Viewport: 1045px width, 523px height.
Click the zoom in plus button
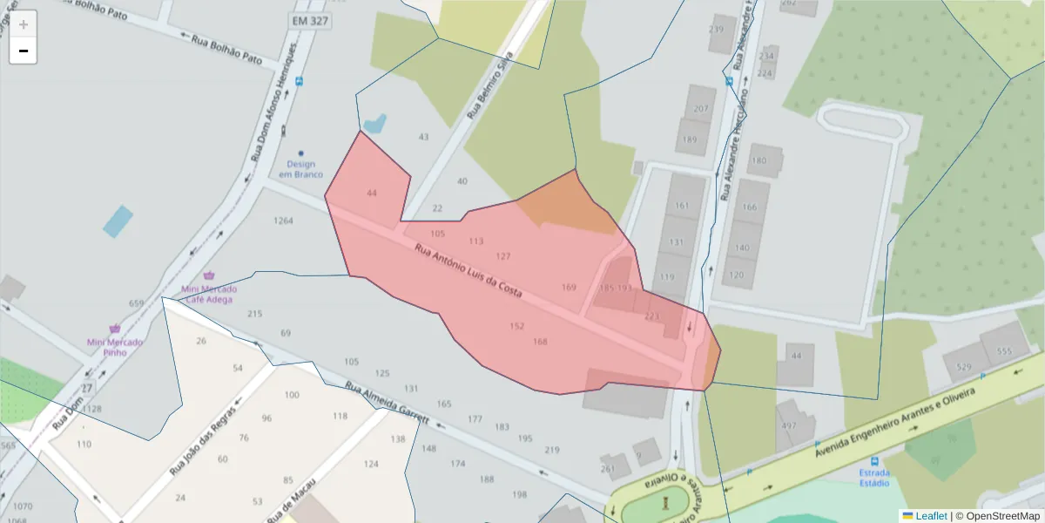(x=24, y=24)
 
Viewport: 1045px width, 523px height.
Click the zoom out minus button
(x=24, y=51)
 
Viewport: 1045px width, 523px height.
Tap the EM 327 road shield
(x=312, y=20)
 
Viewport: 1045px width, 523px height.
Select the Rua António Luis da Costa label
(x=469, y=272)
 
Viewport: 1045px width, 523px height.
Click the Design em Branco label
(x=300, y=169)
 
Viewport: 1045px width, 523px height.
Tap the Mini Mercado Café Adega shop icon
(x=208, y=275)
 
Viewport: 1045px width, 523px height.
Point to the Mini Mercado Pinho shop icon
(x=115, y=329)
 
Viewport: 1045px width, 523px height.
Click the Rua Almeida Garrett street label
(x=388, y=402)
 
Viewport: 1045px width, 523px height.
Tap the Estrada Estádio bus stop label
(x=874, y=478)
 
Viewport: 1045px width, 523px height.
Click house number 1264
(x=283, y=221)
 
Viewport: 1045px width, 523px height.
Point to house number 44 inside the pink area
(x=372, y=193)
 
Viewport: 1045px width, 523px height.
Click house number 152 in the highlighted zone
(x=517, y=326)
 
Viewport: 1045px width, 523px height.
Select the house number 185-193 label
(x=616, y=288)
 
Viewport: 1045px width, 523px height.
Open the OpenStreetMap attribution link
(x=1002, y=516)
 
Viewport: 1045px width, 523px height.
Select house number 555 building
(x=1005, y=351)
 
